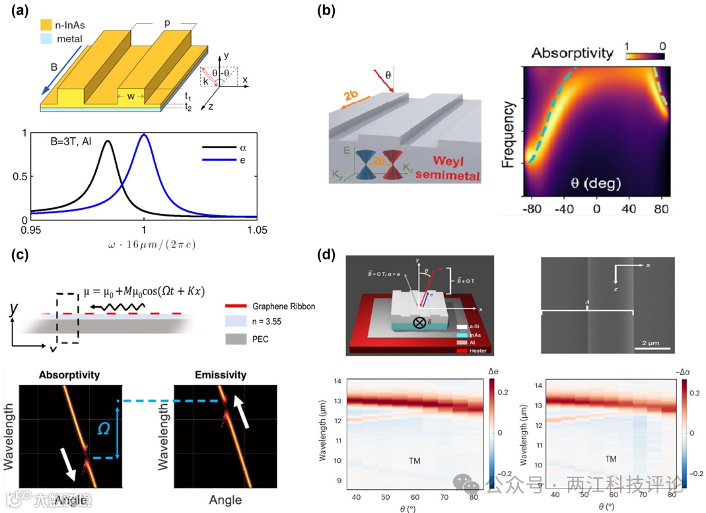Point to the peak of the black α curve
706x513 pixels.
(x=107, y=141)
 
